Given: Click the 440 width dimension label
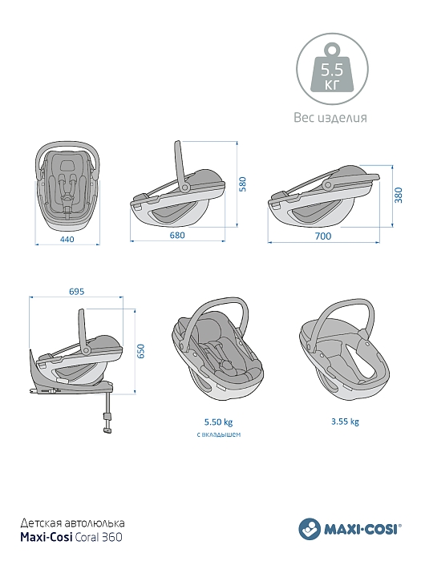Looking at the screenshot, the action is (67, 239).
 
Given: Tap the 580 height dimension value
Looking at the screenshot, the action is (243, 184).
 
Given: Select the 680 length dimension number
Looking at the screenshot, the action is (177, 235).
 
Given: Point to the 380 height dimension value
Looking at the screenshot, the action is (399, 195).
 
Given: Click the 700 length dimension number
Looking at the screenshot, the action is (323, 236).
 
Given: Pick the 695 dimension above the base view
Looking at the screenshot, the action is (77, 292).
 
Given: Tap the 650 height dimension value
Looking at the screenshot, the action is (141, 351).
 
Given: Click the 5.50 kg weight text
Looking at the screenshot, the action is (218, 422).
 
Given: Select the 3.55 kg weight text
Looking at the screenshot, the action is (345, 422).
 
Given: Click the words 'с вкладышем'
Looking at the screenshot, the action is (218, 434).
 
